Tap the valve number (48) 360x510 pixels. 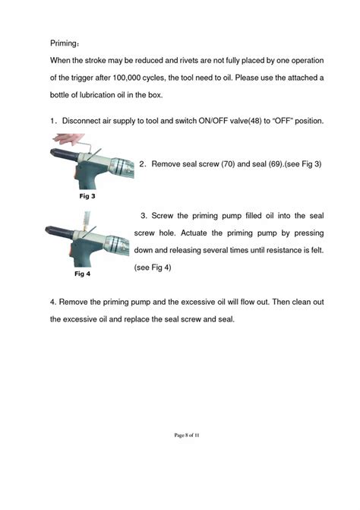click(257, 122)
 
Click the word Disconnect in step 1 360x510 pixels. click(83, 122)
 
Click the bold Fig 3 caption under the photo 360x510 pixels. click(87, 196)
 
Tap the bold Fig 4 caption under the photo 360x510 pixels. click(83, 272)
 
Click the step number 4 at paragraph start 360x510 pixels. click(52, 302)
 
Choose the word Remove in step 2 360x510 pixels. click(172, 164)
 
